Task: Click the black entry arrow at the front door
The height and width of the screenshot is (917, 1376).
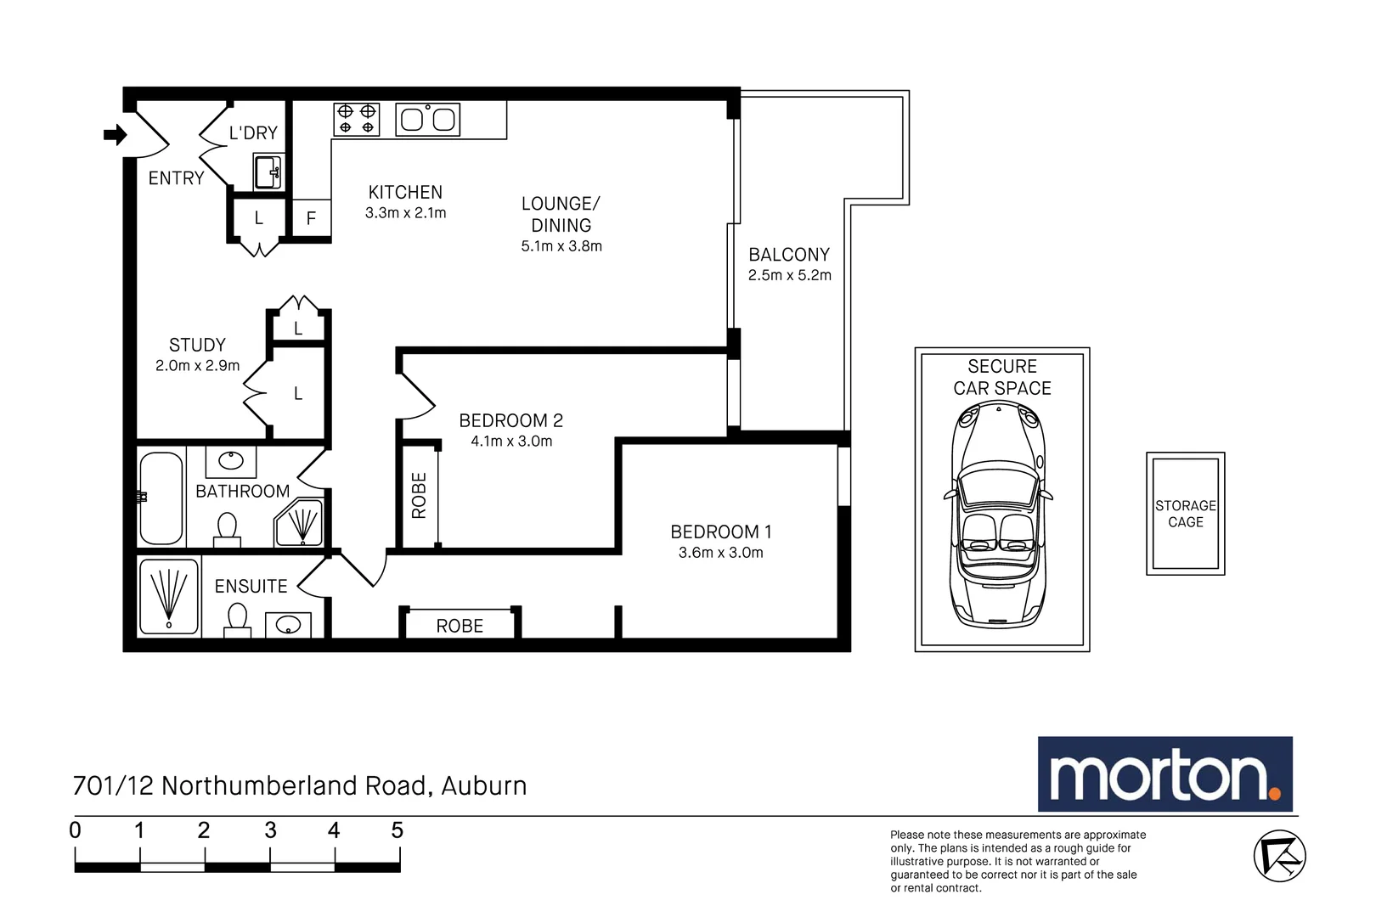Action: click(x=115, y=134)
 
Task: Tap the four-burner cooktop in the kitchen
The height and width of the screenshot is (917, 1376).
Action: click(x=356, y=119)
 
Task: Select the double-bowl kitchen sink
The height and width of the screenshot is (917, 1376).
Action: click(x=427, y=119)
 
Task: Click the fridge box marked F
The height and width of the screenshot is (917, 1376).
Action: click(x=312, y=217)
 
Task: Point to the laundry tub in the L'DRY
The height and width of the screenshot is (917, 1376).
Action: click(x=268, y=172)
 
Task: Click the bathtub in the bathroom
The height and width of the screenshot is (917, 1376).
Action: click(x=161, y=498)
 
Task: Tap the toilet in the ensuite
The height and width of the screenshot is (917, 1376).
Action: click(x=237, y=620)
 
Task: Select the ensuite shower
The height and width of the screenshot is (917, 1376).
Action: click(x=169, y=596)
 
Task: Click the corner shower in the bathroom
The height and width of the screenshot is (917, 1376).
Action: click(x=300, y=523)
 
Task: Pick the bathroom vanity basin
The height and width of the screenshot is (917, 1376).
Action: click(x=231, y=461)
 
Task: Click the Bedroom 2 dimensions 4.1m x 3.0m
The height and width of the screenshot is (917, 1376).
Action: click(x=511, y=441)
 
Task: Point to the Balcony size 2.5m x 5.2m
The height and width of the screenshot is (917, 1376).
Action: click(x=789, y=275)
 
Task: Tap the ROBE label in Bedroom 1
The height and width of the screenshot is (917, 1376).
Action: click(x=460, y=626)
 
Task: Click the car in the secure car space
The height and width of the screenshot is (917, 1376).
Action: click(x=999, y=514)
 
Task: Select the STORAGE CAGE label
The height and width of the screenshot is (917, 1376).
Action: click(x=1186, y=514)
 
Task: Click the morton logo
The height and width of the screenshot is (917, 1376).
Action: click(x=1165, y=774)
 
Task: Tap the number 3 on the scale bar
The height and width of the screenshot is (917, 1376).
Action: click(x=270, y=830)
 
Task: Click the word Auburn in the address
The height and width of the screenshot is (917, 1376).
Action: click(x=484, y=786)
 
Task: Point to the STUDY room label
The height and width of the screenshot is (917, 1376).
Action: click(x=197, y=345)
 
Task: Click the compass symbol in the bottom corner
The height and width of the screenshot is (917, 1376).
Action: click(x=1279, y=856)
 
